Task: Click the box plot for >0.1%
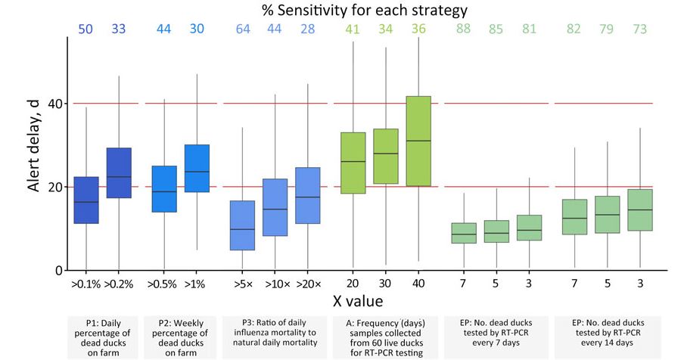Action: [86, 200]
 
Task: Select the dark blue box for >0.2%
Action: [118, 173]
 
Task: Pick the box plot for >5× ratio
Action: [242, 225]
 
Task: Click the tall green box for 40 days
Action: [418, 141]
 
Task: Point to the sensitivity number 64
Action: [242, 29]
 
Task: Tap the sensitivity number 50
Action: [86, 29]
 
